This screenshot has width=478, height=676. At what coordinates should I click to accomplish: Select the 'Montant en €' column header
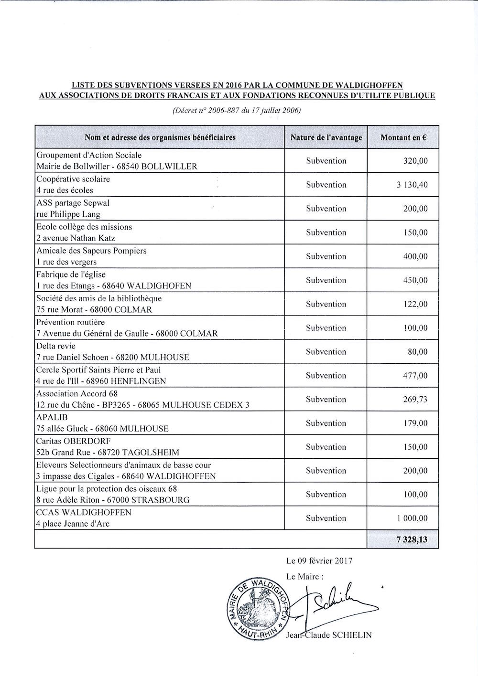[x=403, y=137]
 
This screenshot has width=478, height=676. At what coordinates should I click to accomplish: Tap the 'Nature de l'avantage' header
[x=326, y=137]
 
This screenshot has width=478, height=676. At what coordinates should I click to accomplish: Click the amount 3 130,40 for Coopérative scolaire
[x=412, y=185]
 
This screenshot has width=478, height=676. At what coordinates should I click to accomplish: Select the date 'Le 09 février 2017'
[x=319, y=561]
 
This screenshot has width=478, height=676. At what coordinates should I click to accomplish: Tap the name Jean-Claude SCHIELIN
[x=329, y=635]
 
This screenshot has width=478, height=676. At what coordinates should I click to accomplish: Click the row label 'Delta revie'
[x=56, y=346]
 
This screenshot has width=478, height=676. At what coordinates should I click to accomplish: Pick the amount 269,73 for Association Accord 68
[x=415, y=400]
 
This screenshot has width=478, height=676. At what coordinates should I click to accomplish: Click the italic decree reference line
[x=236, y=111]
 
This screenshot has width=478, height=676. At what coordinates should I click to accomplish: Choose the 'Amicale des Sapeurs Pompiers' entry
[x=91, y=251]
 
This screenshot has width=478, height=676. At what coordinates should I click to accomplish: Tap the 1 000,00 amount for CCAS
[x=412, y=518]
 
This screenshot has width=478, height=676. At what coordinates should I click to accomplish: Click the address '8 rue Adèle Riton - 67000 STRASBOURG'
[x=113, y=500]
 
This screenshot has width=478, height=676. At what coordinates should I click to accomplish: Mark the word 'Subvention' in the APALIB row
[x=326, y=423]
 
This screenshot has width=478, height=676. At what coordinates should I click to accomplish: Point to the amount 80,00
[x=418, y=352]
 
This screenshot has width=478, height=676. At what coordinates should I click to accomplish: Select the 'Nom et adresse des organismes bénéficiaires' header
[x=160, y=137]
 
